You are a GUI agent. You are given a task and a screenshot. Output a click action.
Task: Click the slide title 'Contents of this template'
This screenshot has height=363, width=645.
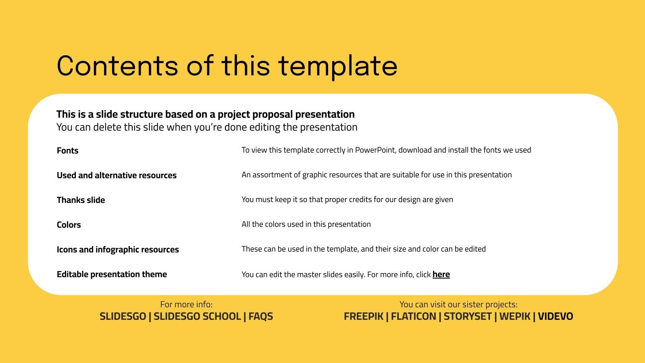(227, 66)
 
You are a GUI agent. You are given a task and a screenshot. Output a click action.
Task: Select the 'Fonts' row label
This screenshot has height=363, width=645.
(68, 151)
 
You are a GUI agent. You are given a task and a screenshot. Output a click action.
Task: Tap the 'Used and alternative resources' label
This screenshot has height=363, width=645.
(117, 175)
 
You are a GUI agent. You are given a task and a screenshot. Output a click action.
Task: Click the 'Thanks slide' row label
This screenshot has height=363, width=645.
(81, 200)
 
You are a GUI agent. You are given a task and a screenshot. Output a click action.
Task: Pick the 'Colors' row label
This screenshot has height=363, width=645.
(69, 225)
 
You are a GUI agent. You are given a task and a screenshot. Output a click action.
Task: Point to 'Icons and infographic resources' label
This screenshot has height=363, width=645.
(118, 250)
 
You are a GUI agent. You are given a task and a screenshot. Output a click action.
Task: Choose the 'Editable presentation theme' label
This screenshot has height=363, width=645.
(112, 274)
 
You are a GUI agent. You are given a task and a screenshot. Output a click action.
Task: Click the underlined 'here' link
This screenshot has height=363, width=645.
(441, 275)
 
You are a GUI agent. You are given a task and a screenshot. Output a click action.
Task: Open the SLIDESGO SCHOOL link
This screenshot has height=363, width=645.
(197, 317)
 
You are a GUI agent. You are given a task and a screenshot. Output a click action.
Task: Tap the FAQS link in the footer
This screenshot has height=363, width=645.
(261, 317)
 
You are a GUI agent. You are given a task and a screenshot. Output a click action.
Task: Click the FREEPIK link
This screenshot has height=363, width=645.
(363, 317)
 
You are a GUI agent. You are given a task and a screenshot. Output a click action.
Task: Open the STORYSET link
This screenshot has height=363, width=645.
(468, 317)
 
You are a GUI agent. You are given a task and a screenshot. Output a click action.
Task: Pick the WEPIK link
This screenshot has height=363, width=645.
(515, 317)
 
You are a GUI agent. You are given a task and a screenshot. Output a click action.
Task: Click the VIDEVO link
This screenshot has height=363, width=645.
(556, 317)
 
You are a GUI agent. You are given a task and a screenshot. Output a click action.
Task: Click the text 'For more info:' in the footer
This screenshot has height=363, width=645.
(186, 305)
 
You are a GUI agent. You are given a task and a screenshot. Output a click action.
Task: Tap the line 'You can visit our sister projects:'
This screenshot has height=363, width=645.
(458, 305)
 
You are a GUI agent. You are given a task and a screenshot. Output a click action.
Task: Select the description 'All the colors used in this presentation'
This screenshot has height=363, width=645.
(306, 224)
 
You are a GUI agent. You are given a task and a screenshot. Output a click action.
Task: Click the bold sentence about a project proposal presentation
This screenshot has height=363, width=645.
(206, 115)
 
